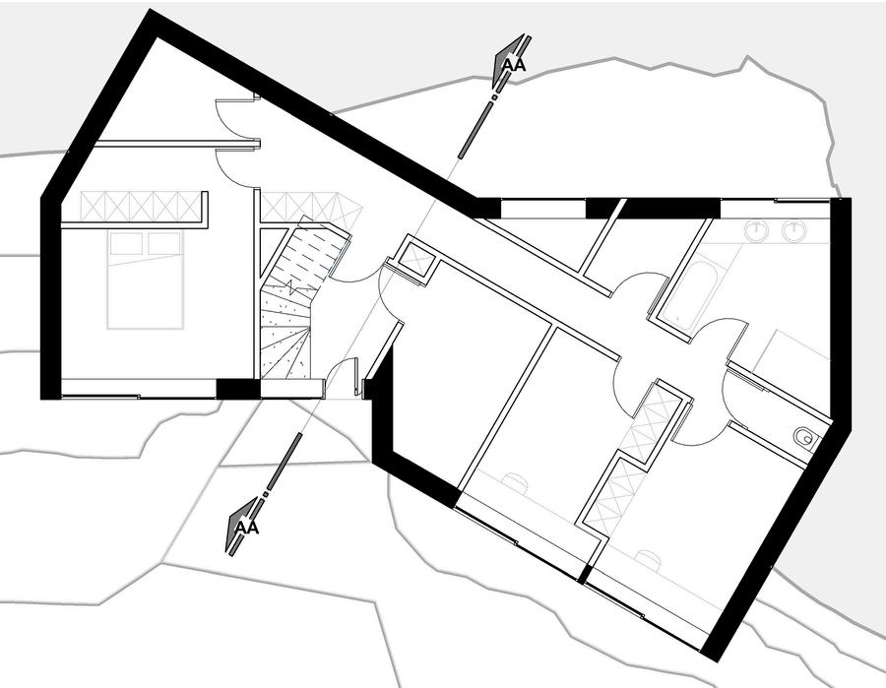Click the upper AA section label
click(514, 66)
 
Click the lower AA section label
click(246, 528)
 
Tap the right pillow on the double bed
click(164, 243)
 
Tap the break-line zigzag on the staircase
click(293, 292)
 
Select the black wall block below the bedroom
click(237, 389)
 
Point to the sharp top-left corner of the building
click(151, 14)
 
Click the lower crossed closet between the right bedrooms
click(610, 492)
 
